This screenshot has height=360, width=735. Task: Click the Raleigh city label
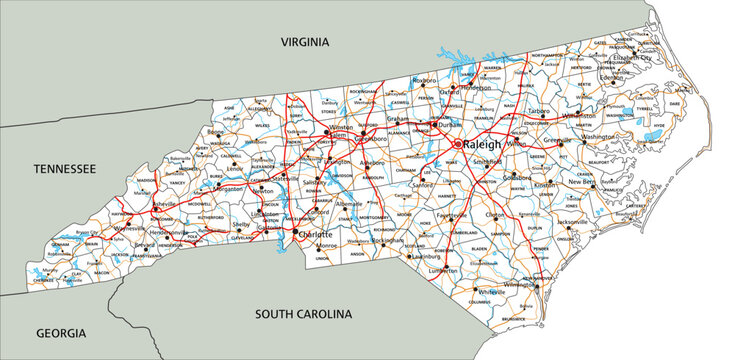pyautogui.click(x=484, y=145)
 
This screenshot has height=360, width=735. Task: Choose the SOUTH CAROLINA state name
pyautogui.click(x=303, y=314)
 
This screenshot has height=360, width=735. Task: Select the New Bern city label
pyautogui.click(x=583, y=182)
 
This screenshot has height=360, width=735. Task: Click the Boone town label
pyautogui.click(x=215, y=132)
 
